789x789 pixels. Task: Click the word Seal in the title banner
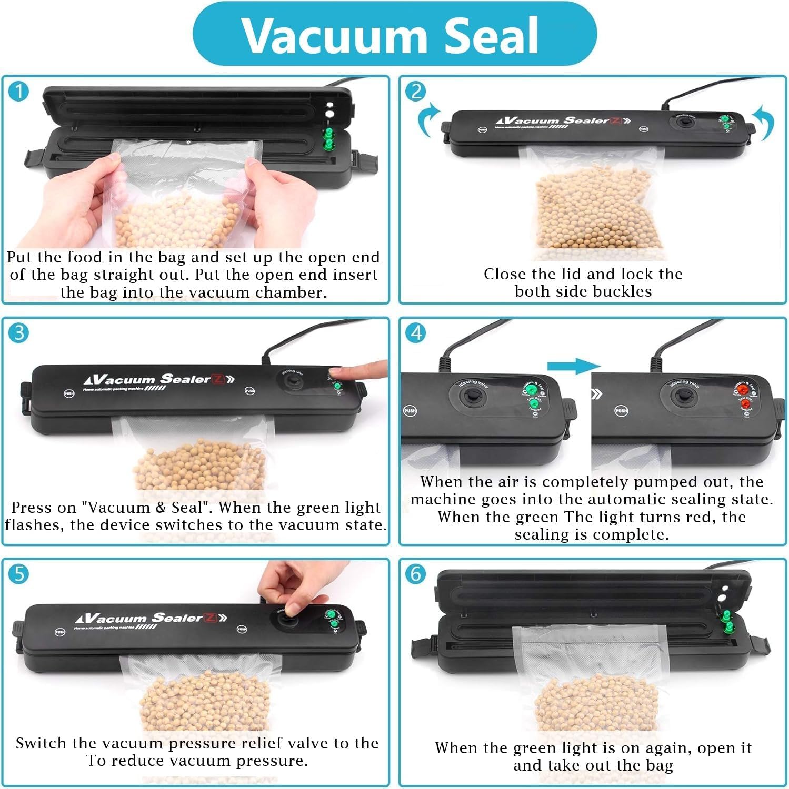(x=492, y=35)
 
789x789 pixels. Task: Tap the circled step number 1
(x=19, y=92)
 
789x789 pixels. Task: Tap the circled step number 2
(x=415, y=92)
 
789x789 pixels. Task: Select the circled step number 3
(x=19, y=332)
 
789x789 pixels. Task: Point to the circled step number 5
(x=19, y=573)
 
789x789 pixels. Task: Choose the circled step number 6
(x=415, y=573)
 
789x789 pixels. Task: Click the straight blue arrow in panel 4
(x=573, y=366)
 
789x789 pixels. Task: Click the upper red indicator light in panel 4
(x=742, y=390)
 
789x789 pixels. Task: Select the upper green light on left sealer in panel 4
(x=531, y=389)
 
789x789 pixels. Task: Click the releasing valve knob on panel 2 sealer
(x=684, y=123)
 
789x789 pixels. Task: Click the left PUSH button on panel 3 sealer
(x=69, y=393)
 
